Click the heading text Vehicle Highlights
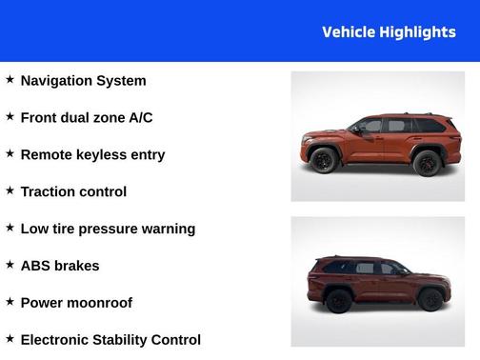click(x=389, y=32)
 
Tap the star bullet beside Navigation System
click(x=10, y=80)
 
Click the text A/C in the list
click(x=140, y=118)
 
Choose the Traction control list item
click(x=73, y=192)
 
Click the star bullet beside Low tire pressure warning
click(x=10, y=228)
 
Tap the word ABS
click(x=35, y=266)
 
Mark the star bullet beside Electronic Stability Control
click(x=10, y=339)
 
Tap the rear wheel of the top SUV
click(x=427, y=162)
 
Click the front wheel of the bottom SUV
click(x=430, y=300)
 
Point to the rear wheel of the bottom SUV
click(x=338, y=301)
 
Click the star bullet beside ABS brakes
click(x=10, y=265)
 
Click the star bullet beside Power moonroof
click(x=10, y=302)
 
